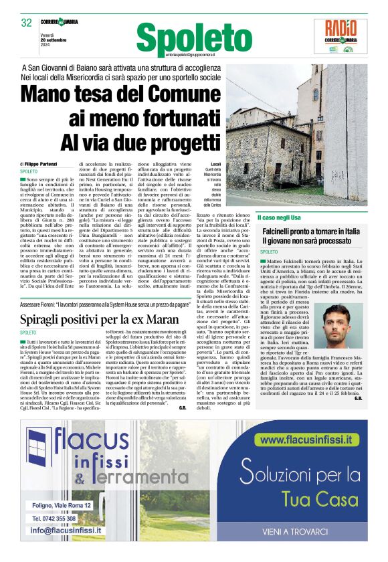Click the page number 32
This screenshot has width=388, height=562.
(27, 23)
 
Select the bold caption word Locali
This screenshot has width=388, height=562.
(215, 164)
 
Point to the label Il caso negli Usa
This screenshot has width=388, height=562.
(280, 217)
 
